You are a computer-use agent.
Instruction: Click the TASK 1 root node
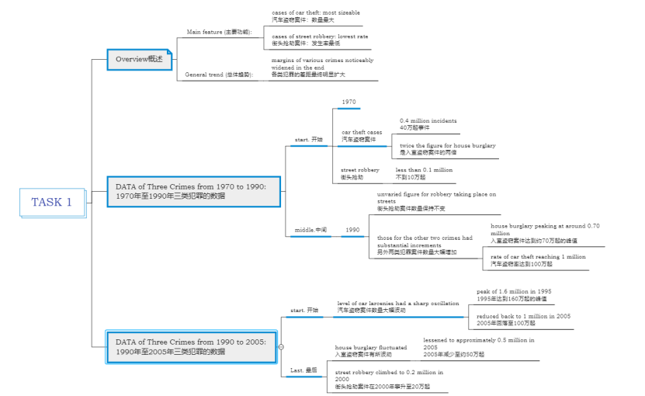pyautogui.click(x=51, y=202)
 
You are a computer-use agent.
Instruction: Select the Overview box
pyautogui.click(x=139, y=59)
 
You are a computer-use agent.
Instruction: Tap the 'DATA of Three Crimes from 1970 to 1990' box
pyautogui.click(x=193, y=191)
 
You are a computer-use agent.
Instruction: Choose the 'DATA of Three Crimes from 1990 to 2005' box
pyautogui.click(x=192, y=346)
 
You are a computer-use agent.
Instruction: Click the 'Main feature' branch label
pyautogui.click(x=219, y=32)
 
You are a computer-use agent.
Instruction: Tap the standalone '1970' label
pyautogui.click(x=349, y=102)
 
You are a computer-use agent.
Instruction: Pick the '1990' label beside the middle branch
pyautogui.click(x=352, y=230)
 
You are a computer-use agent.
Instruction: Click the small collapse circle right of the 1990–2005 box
pyautogui.click(x=281, y=346)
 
